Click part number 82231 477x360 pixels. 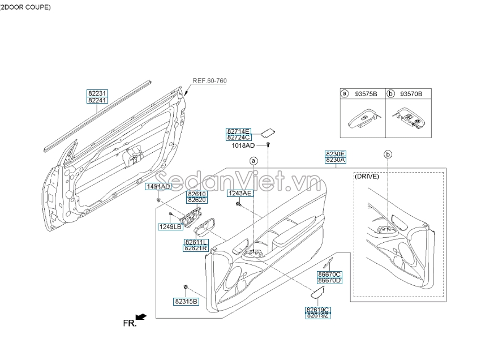tap(97, 93)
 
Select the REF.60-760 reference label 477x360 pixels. tap(209, 81)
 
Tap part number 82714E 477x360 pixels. tap(238, 131)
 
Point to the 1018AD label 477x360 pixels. tap(243, 145)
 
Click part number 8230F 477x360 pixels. tap(335, 153)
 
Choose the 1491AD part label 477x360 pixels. tap(158, 187)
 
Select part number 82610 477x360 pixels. tap(197, 194)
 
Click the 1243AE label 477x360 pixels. tap(239, 193)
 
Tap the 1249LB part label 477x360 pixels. tap(170, 226)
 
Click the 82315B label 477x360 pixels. tap(186, 302)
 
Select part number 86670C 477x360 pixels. tap(329, 274)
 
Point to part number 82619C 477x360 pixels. tap(317, 310)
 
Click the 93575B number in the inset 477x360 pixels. tap(366, 94)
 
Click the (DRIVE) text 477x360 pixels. tap(367, 176)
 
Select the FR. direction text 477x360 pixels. tap(130, 323)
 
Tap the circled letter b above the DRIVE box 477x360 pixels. tap(388, 154)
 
